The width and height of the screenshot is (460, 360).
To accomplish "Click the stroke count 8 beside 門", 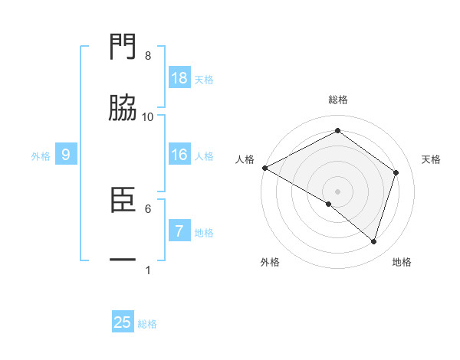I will coord(148,56).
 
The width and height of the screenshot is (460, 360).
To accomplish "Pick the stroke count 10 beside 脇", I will coord(148,116).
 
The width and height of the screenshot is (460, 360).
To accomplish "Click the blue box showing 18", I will coord(179,78).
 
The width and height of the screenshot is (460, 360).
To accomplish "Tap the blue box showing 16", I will coord(179,155).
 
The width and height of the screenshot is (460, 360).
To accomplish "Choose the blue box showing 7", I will coord(179,231).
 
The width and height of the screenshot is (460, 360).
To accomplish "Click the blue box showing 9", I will coord(66,155).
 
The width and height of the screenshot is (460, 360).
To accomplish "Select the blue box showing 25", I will coord(123,322).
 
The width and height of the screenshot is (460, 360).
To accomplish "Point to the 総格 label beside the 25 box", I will coord(148,324).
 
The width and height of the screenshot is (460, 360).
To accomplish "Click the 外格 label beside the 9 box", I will coord(41,156).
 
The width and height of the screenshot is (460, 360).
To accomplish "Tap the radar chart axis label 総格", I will coord(338,100).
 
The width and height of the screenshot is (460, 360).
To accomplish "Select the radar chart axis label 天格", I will coord(432,159).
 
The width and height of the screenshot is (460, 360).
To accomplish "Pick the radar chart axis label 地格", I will coord(402,262).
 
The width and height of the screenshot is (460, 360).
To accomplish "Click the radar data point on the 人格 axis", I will coord(264,168).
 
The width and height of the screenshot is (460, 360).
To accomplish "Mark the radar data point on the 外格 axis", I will coord(329,204).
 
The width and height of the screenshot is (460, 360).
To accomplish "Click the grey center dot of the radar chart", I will coord(338,191).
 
